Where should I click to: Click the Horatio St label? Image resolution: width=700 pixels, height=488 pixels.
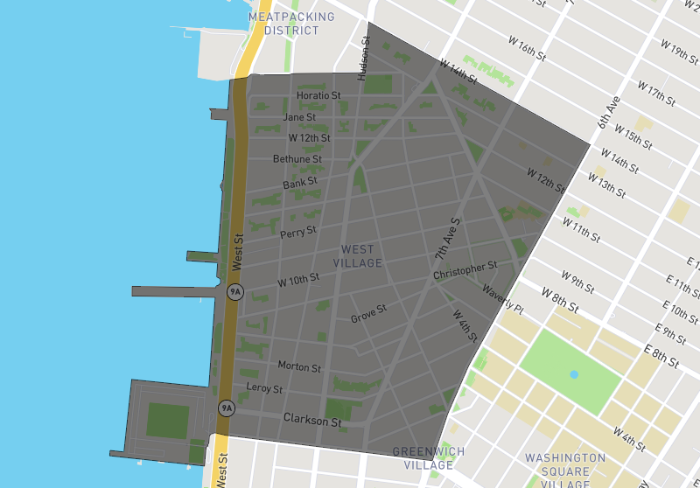click(x=318, y=95)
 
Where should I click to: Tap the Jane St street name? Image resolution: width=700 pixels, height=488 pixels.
click(x=299, y=117)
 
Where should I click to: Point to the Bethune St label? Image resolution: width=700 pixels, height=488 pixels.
click(x=297, y=159)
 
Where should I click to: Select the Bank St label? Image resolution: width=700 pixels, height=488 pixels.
click(x=300, y=184)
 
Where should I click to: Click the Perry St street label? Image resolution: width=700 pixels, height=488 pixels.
click(x=298, y=234)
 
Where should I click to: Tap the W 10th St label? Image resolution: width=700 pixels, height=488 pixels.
click(x=298, y=281)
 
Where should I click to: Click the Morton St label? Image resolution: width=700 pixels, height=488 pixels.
click(x=299, y=366)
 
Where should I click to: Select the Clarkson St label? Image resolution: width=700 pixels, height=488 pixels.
click(x=312, y=421)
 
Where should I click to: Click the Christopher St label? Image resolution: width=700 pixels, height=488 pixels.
click(x=465, y=271)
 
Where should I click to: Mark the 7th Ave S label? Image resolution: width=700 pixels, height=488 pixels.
click(x=447, y=239)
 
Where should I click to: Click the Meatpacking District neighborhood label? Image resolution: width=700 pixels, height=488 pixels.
click(x=291, y=24)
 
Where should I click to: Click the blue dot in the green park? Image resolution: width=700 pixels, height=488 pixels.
click(x=574, y=374)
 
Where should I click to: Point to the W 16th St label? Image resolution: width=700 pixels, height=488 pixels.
click(x=527, y=46)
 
